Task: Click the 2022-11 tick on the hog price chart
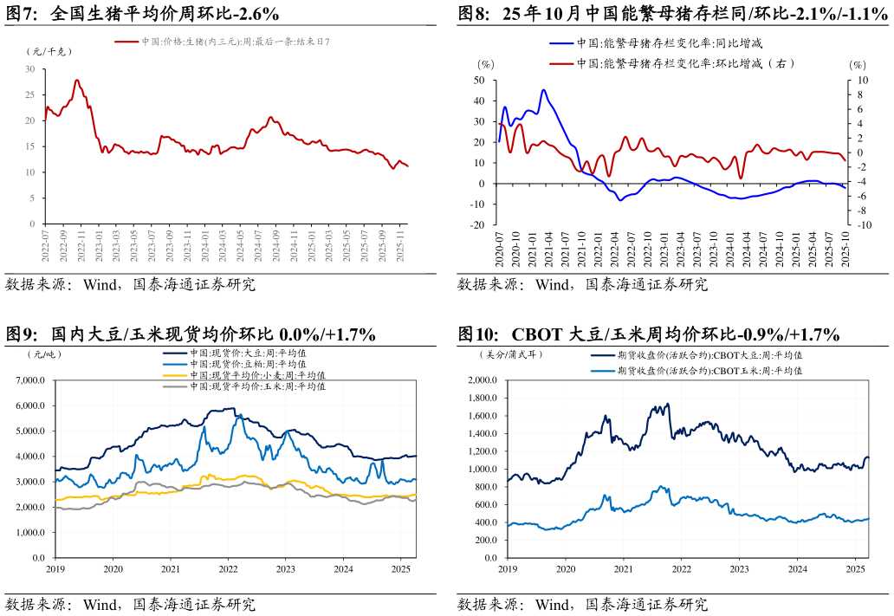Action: (81, 245)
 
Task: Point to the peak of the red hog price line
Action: (77, 81)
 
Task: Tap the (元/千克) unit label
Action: (49, 51)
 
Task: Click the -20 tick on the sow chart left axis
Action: (477, 225)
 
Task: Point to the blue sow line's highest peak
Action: (543, 90)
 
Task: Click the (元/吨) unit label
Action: (45, 353)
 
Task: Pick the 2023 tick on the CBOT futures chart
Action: (739, 569)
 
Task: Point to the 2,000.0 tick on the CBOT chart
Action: (483, 380)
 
